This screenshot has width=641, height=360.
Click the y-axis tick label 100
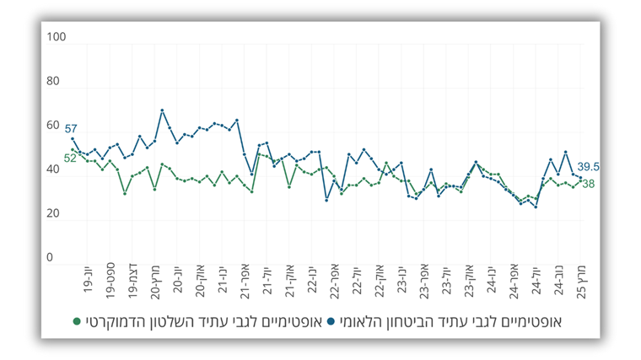[55, 38]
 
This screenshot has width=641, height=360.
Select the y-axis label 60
[53, 126]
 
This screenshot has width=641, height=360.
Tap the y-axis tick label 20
[53, 214]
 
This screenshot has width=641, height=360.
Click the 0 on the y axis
[50, 258]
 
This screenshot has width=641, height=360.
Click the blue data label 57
[71, 127]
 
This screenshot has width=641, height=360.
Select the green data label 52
[71, 158]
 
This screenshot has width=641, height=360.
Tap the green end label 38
[589, 184]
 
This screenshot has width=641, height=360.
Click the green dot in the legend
[78, 321]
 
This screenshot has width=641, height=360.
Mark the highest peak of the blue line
[162, 110]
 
